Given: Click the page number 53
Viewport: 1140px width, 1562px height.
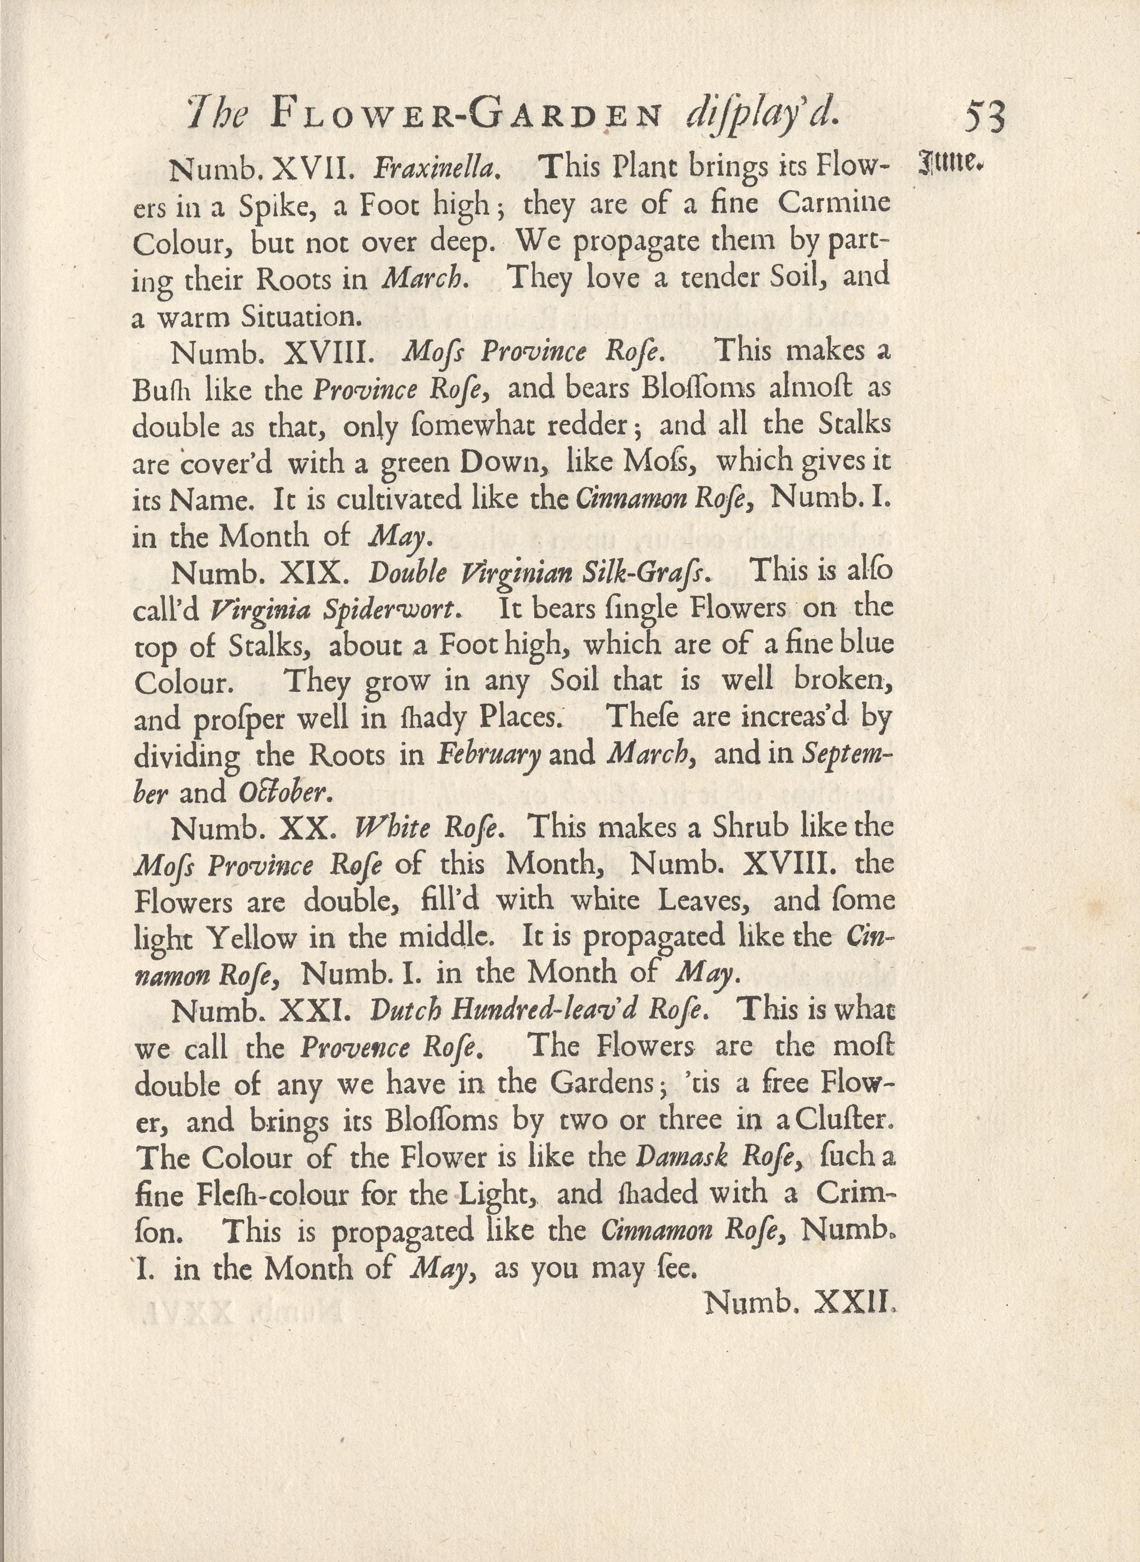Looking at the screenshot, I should click(x=985, y=118).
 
